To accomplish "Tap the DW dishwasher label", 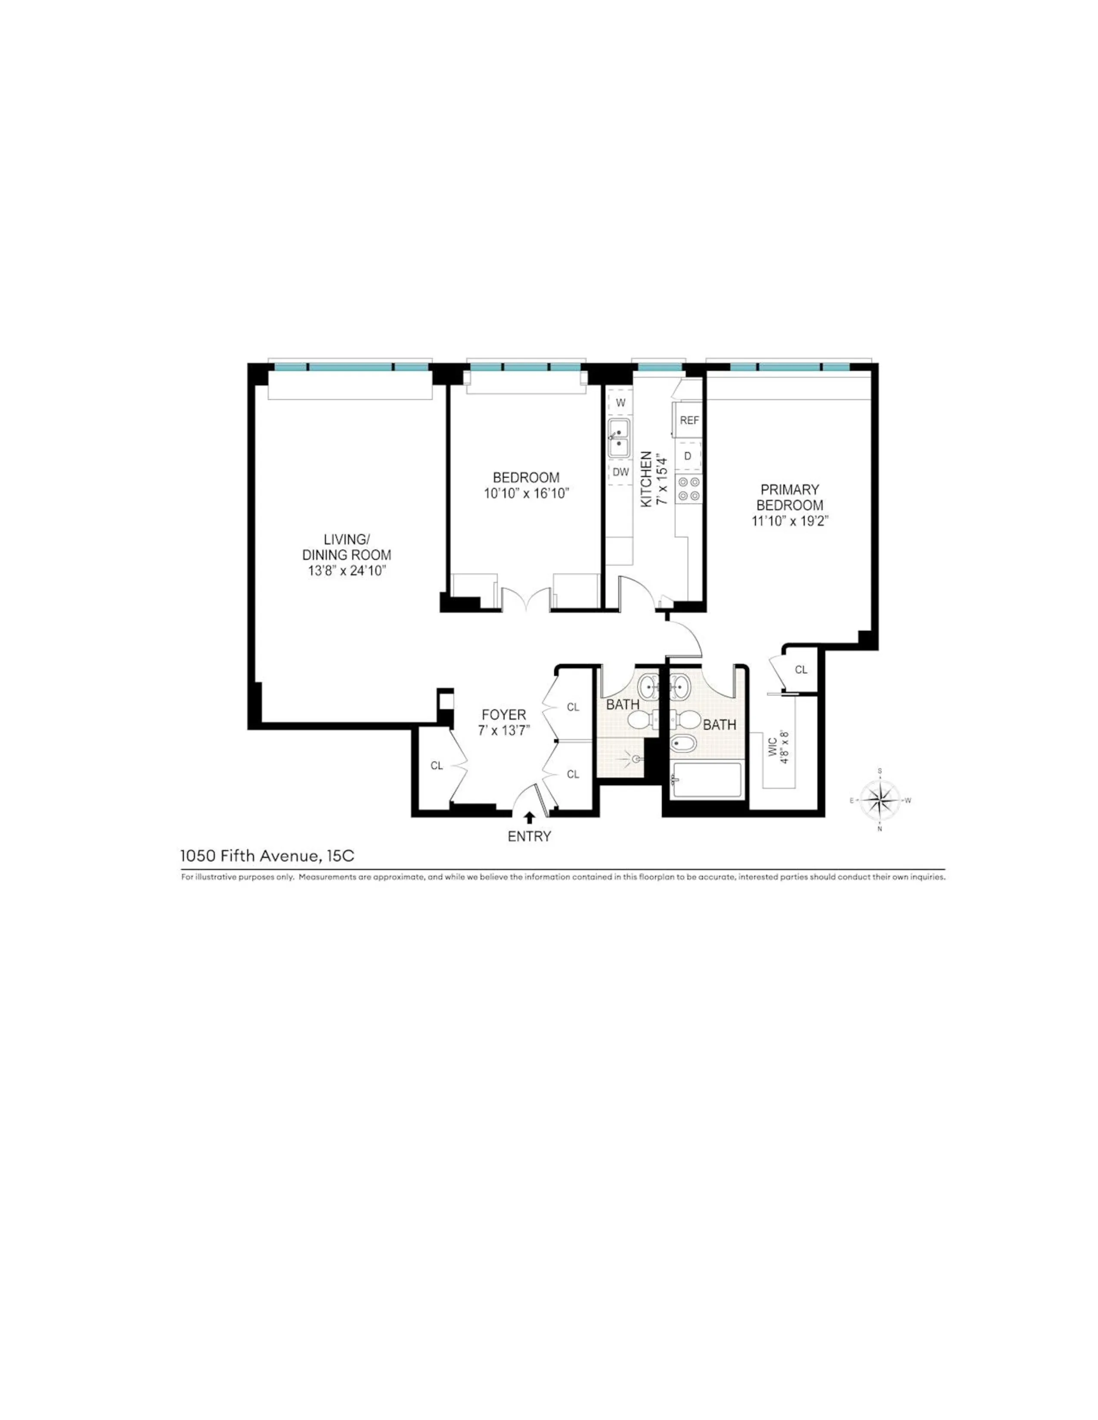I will click(x=620, y=472).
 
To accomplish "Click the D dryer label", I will click(x=688, y=457).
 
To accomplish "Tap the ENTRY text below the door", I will click(x=529, y=837).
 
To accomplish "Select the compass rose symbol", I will click(x=879, y=800).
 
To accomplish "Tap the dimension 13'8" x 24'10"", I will click(x=347, y=571).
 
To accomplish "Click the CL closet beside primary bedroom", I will click(x=801, y=670).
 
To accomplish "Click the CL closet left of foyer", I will click(x=437, y=766).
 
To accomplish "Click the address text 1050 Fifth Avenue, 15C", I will click(x=267, y=855).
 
